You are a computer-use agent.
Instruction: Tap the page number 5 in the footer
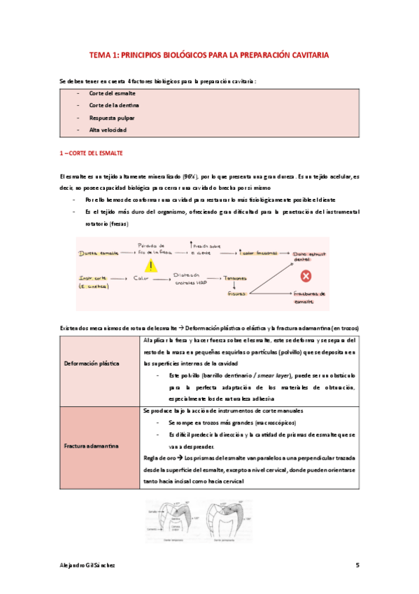[357, 565]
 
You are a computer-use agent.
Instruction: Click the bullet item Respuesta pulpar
[112, 118]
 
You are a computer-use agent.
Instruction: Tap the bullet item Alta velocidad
[108, 130]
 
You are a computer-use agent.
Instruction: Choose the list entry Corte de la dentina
[114, 105]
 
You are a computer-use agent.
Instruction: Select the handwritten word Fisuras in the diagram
[236, 294]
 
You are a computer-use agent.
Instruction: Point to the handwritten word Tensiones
[237, 279]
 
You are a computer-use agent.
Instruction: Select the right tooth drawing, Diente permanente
[236, 517]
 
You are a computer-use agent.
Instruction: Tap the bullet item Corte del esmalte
[112, 93]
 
